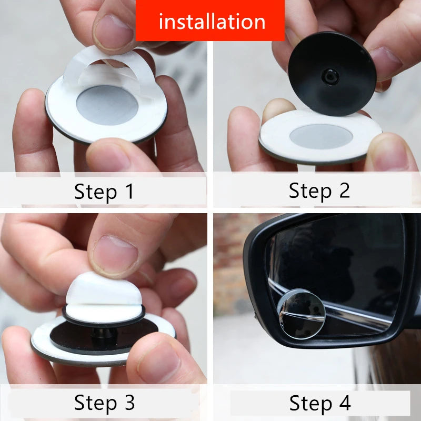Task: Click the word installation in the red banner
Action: tap(212, 22)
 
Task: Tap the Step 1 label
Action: tap(104, 192)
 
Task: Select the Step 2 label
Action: tap(319, 191)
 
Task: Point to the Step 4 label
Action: tap(319, 403)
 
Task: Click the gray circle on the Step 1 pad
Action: tap(107, 105)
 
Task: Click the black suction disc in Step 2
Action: tap(332, 74)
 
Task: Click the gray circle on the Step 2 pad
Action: tap(320, 136)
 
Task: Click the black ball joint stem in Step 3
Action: tap(103, 332)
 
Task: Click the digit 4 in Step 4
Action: tap(344, 403)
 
